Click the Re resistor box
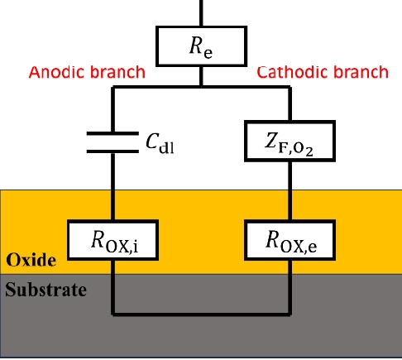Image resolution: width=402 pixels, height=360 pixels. (x=201, y=46)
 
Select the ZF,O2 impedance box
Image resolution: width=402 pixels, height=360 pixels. (x=290, y=141)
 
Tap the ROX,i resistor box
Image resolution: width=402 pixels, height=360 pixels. (x=112, y=240)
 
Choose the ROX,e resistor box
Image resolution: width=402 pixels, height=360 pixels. (x=290, y=240)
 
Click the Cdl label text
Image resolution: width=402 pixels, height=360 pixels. (x=160, y=143)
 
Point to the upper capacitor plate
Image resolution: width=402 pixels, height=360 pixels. (x=112, y=133)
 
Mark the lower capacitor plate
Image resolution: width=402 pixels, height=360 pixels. (x=112, y=151)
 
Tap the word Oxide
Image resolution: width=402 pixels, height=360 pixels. (x=31, y=260)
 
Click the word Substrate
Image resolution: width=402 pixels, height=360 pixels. (x=45, y=290)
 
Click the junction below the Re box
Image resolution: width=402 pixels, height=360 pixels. (x=201, y=87)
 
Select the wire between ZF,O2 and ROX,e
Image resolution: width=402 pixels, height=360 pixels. (x=290, y=190)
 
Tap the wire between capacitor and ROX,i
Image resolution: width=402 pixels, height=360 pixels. (x=112, y=186)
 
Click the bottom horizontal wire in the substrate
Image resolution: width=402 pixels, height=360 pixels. (x=201, y=314)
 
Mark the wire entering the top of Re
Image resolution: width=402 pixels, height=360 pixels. (x=201, y=13)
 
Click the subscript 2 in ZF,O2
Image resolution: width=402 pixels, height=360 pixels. (x=309, y=151)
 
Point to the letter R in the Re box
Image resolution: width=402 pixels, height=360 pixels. (x=196, y=45)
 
